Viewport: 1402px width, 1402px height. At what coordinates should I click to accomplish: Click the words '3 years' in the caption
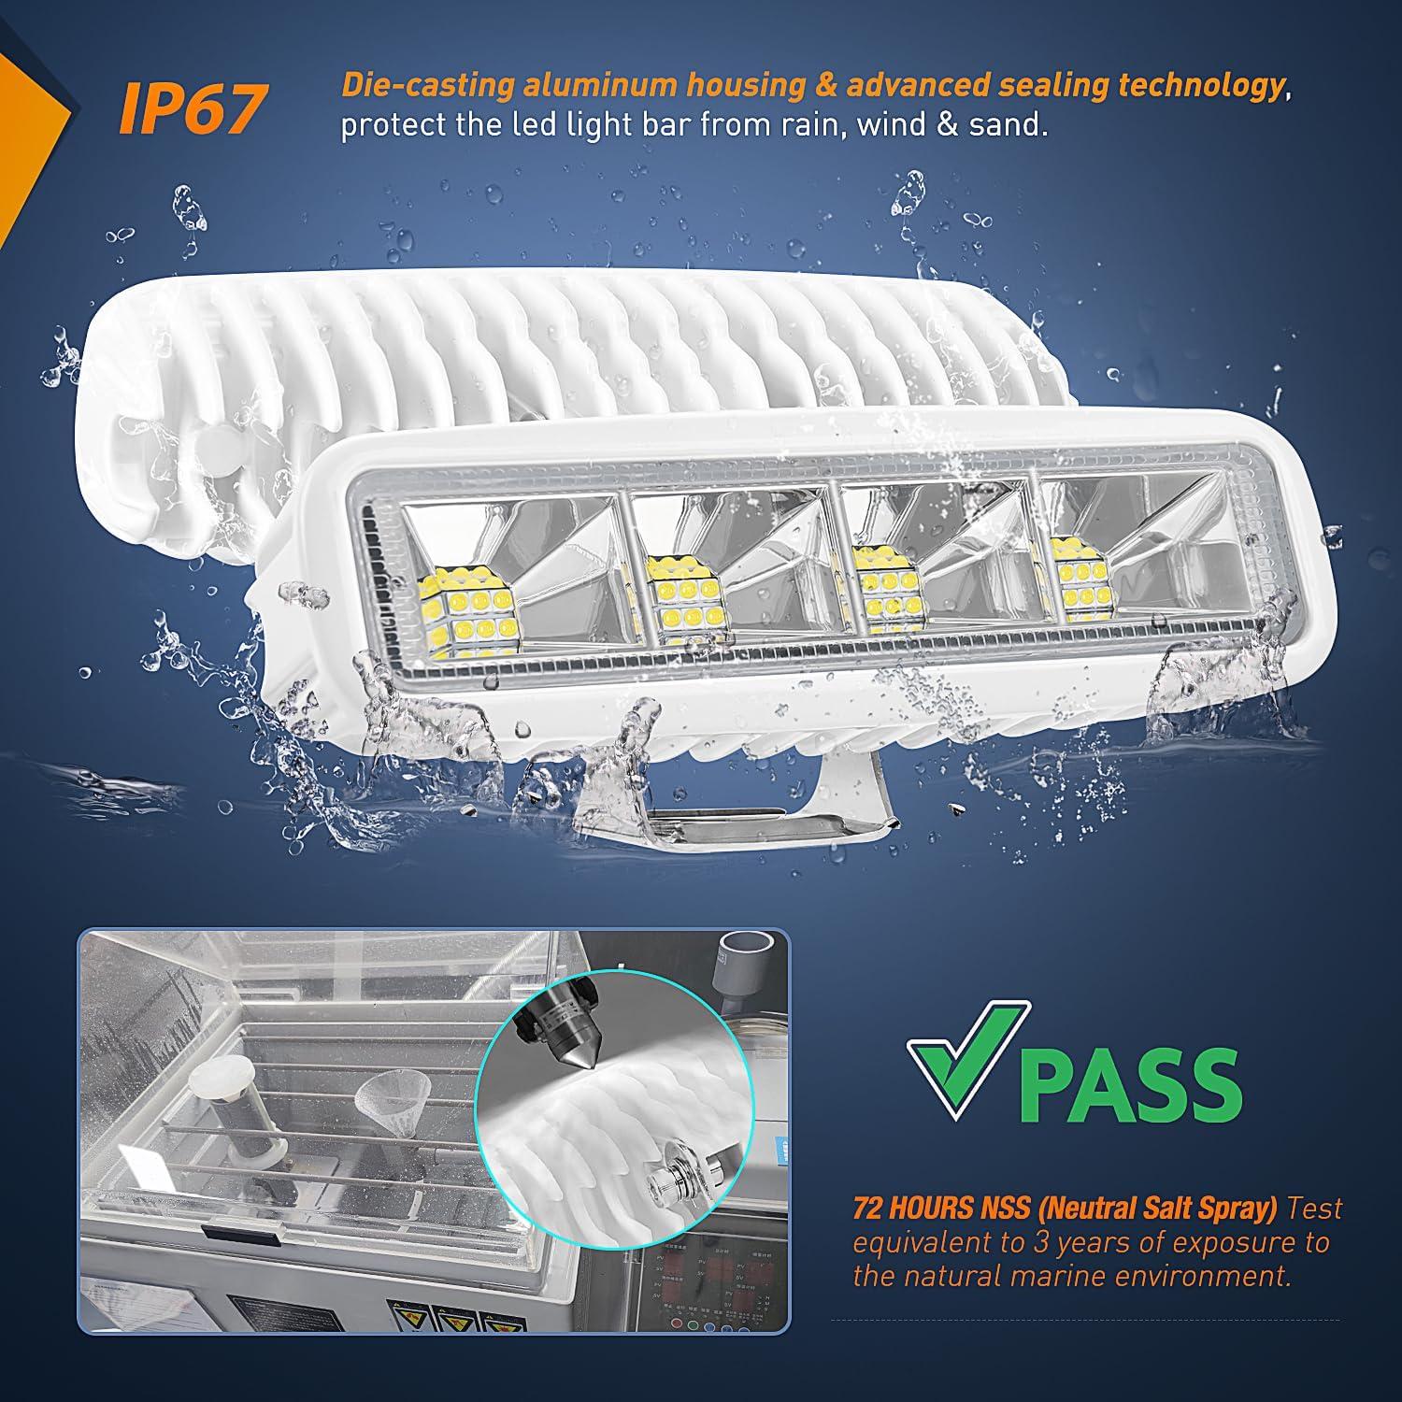[1071, 1242]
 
